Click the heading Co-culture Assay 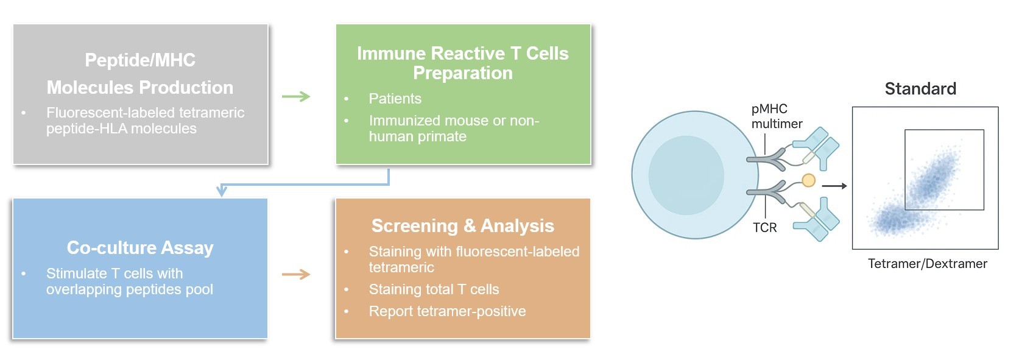140,248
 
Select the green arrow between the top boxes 297,96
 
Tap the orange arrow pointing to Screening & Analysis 297,275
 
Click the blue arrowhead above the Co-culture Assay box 222,191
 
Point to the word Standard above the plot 920,89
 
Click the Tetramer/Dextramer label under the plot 927,264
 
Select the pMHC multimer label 777,116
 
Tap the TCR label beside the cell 764,228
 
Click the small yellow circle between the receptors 808,180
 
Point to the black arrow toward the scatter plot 834,186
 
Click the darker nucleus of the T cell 686,175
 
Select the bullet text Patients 395,99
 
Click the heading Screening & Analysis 462,226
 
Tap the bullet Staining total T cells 434,289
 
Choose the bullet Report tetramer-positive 447,311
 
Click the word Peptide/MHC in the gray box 140,60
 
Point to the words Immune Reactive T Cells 462,54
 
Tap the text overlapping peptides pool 129,289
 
